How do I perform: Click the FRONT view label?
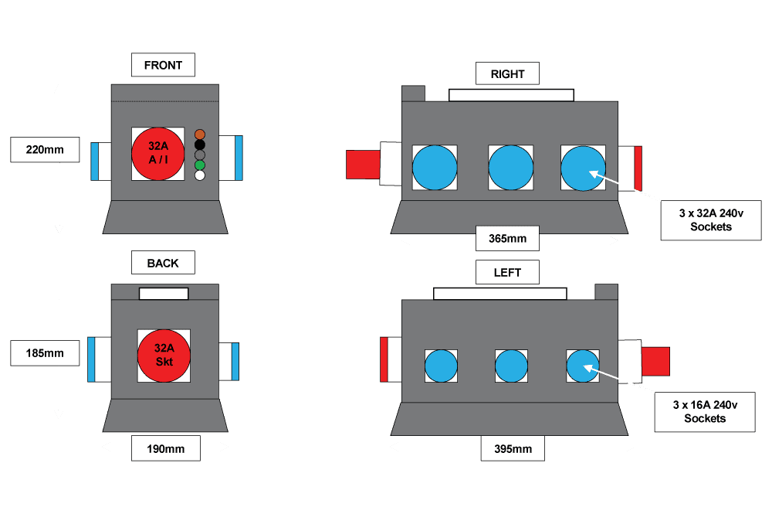tap(163, 65)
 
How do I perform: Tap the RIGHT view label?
tap(507, 74)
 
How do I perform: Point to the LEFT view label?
tap(507, 272)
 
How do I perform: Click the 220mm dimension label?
tap(45, 149)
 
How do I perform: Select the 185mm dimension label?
tap(45, 354)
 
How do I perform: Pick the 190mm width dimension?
tap(165, 448)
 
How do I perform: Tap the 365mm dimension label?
tap(507, 238)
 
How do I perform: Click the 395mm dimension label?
tap(512, 448)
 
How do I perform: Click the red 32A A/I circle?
tap(157, 154)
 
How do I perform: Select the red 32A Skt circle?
tap(164, 356)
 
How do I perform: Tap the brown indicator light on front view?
tap(200, 134)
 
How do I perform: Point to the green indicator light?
tap(200, 165)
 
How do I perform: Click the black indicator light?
tap(200, 144)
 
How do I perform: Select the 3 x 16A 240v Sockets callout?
tap(704, 411)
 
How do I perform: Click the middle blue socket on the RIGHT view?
tap(510, 168)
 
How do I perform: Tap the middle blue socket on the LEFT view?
tap(510, 366)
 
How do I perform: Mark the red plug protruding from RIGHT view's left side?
tap(362, 165)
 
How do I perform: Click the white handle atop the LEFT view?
tap(499, 294)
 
